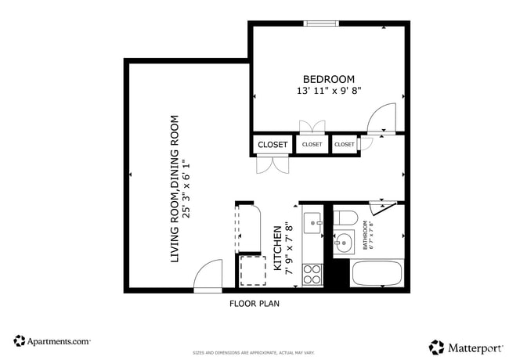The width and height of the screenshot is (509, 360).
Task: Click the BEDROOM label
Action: click(329, 79)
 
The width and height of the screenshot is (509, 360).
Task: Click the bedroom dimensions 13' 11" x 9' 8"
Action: click(329, 92)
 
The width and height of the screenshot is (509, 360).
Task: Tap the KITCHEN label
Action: click(277, 248)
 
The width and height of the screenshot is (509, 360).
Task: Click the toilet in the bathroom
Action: click(345, 217)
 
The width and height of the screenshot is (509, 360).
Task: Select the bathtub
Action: click(377, 274)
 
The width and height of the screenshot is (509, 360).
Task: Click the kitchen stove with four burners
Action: click(312, 274)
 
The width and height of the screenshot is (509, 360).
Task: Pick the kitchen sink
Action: click(312, 221)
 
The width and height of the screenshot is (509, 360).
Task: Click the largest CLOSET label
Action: click(273, 145)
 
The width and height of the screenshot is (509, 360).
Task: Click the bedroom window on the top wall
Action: click(320, 23)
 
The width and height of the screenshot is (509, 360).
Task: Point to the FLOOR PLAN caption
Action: click(254, 303)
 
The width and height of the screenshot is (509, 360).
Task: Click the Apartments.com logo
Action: click(52, 341)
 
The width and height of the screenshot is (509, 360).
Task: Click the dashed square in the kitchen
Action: click(253, 271)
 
